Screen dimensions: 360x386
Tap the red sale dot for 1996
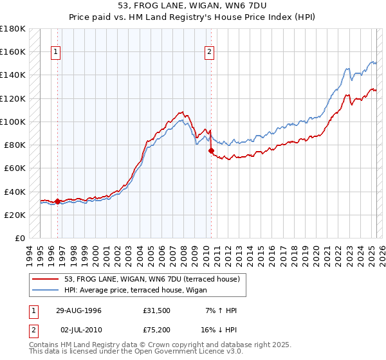(57, 201)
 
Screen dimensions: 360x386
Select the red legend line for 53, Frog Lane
(46, 279)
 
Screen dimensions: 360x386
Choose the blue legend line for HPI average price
(46, 290)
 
